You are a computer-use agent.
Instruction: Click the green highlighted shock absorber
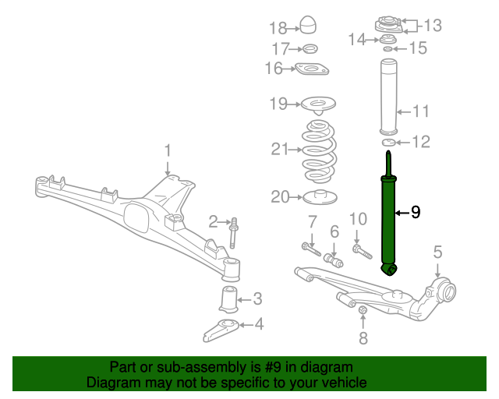pos(388,223)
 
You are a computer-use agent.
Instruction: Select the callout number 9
pos(416,212)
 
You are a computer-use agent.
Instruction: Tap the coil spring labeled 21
pos(319,151)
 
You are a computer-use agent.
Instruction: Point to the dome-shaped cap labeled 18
pos(309,25)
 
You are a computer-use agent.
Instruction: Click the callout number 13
pos(434,26)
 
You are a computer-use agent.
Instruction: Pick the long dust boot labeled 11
pos(389,97)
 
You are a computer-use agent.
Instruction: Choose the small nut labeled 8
pos(363,310)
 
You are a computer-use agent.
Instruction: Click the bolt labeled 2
pos(234,233)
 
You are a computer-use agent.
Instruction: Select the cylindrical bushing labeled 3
pos(228,299)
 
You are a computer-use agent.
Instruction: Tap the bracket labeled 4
pos(221,330)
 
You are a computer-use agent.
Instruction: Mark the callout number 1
pos(168,150)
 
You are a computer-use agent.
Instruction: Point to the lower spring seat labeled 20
pos(320,197)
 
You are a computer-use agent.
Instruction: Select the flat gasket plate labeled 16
pos(312,69)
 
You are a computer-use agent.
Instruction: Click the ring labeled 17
pos(310,49)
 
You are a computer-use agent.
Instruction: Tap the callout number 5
pos(438,252)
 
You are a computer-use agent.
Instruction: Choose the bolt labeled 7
pos(311,249)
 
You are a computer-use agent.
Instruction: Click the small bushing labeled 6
pos(333,261)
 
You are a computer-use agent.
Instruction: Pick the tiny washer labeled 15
pos(388,48)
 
